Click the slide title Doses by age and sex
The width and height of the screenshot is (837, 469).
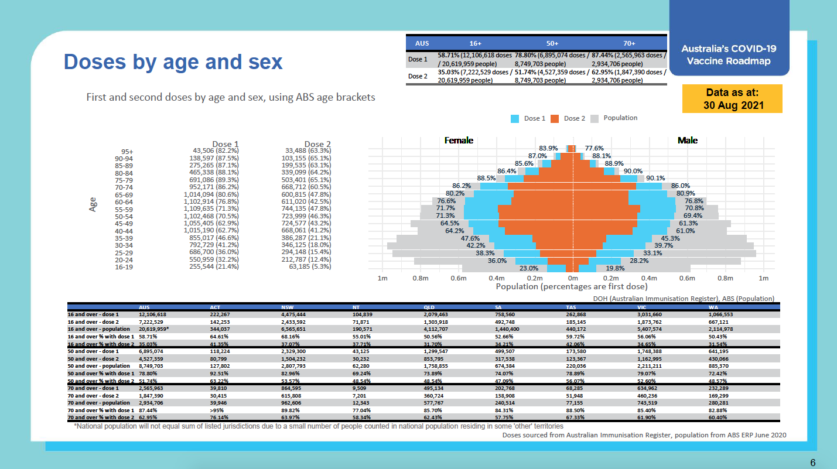[173, 62]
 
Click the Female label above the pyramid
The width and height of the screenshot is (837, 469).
[459, 141]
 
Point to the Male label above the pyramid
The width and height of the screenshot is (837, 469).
[688, 141]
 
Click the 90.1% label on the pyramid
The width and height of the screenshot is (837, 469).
[655, 179]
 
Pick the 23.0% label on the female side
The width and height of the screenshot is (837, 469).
[529, 268]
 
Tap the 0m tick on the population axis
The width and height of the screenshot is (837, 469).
[572, 278]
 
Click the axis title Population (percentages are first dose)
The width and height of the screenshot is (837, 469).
[572, 287]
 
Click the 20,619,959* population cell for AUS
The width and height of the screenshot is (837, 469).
[154, 330]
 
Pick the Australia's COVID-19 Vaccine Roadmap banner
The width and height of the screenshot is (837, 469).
[729, 55]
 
